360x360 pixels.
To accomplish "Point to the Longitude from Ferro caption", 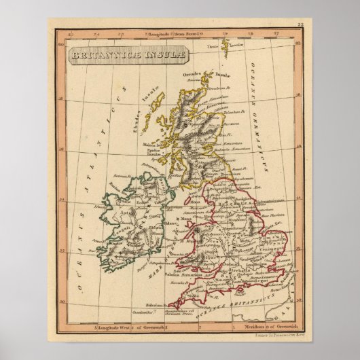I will [178, 31].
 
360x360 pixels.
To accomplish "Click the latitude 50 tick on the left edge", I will [62, 300].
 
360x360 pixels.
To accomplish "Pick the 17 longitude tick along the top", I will [274, 31].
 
